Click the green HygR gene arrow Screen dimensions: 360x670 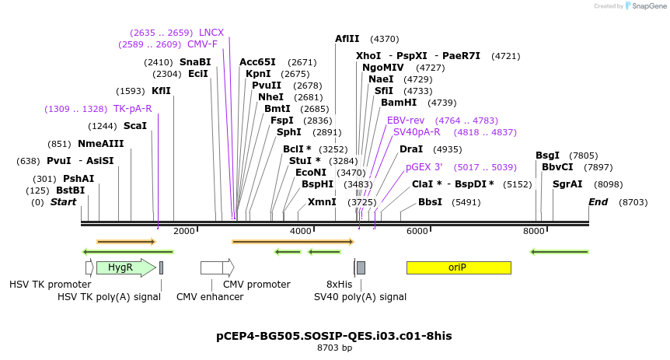[124, 267]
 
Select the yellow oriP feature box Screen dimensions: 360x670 [459, 267]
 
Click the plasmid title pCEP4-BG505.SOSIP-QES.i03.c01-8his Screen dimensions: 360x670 [333, 336]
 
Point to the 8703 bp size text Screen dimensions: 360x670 [334, 348]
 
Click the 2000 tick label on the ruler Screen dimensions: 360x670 [184, 231]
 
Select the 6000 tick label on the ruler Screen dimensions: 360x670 [417, 231]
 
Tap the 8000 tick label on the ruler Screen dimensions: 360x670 [534, 231]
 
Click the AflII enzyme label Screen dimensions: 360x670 [347, 39]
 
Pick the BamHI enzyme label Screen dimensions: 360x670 [399, 103]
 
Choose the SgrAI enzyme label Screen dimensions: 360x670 [567, 184]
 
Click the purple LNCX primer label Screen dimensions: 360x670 [211, 33]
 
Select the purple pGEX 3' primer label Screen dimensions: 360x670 [424, 167]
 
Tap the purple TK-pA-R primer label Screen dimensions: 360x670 [133, 109]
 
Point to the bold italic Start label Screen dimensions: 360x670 [64, 202]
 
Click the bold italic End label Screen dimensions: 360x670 [598, 202]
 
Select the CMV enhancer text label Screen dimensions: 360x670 [210, 296]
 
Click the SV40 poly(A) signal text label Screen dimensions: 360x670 [360, 296]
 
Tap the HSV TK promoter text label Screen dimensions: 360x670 [50, 285]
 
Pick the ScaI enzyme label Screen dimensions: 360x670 [135, 126]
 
